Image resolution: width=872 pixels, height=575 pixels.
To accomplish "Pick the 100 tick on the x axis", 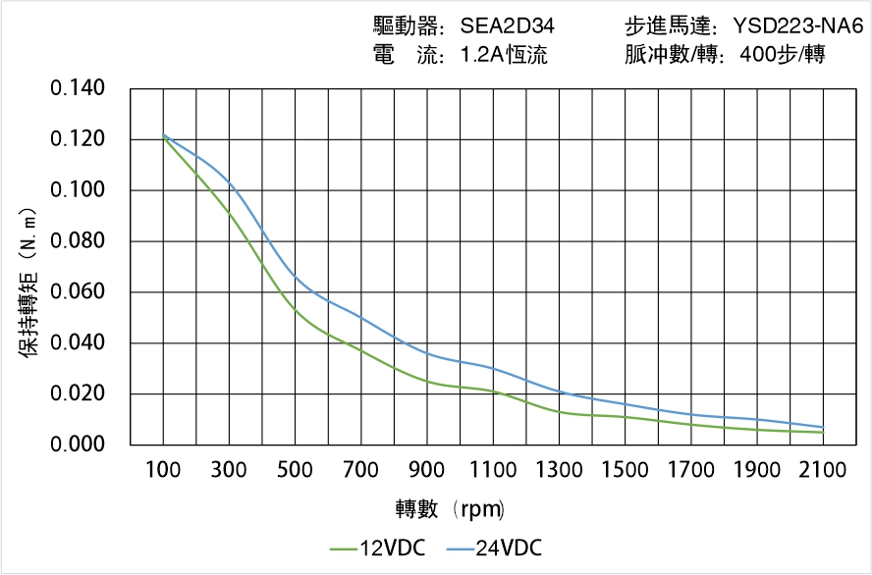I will click(x=163, y=470).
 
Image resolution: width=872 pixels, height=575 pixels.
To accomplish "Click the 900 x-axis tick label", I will click(x=427, y=470).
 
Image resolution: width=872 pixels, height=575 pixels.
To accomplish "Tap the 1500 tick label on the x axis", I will click(x=625, y=470).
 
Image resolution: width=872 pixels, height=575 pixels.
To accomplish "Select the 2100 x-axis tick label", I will click(x=823, y=470).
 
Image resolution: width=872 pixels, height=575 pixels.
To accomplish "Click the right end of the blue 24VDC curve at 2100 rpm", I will click(x=823, y=427).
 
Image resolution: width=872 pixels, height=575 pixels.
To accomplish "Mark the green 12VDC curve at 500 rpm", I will click(x=296, y=310).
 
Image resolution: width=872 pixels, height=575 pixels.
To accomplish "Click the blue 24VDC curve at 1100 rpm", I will click(x=493, y=369).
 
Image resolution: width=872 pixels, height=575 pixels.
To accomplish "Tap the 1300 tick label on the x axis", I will click(x=559, y=470).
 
